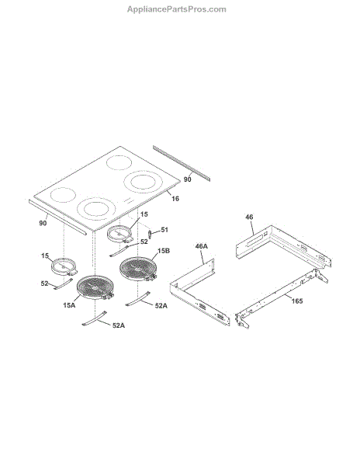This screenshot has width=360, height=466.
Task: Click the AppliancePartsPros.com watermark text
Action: pos(177,9)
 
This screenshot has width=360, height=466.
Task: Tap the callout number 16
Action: pos(175,199)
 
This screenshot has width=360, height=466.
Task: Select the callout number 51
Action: pos(164,230)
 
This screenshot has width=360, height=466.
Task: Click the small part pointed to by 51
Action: pos(151,234)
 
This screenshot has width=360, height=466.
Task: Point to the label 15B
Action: pos(164,251)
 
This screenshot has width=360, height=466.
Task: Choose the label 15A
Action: pos(69,305)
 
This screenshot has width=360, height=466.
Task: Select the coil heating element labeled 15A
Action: pos(95,287)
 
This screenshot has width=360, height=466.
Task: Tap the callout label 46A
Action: pos(201,246)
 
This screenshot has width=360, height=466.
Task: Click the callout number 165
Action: pos(297,301)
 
